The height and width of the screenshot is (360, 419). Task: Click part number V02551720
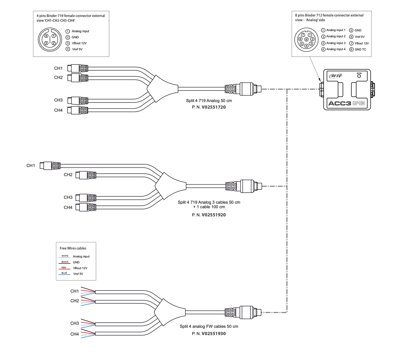click(213, 107)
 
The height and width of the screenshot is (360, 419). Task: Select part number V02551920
click(214, 215)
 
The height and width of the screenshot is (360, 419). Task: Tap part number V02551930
click(214, 333)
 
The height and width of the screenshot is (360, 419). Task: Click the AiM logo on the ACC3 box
click(336, 76)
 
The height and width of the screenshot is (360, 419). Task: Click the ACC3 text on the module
click(339, 104)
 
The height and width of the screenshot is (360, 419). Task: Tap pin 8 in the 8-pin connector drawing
click(306, 39)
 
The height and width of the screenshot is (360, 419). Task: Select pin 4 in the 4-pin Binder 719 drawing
click(47, 36)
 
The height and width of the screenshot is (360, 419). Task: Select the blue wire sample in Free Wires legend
click(65, 274)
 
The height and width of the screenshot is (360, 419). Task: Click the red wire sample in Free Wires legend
click(65, 268)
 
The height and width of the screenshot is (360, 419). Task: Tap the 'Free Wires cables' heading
click(73, 248)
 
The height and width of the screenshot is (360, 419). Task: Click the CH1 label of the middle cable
click(31, 165)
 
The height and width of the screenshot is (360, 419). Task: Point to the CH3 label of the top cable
click(58, 100)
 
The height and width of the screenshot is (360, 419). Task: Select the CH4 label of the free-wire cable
click(75, 334)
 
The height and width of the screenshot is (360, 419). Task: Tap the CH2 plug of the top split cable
click(78, 78)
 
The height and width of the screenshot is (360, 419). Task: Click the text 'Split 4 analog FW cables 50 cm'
click(209, 326)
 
